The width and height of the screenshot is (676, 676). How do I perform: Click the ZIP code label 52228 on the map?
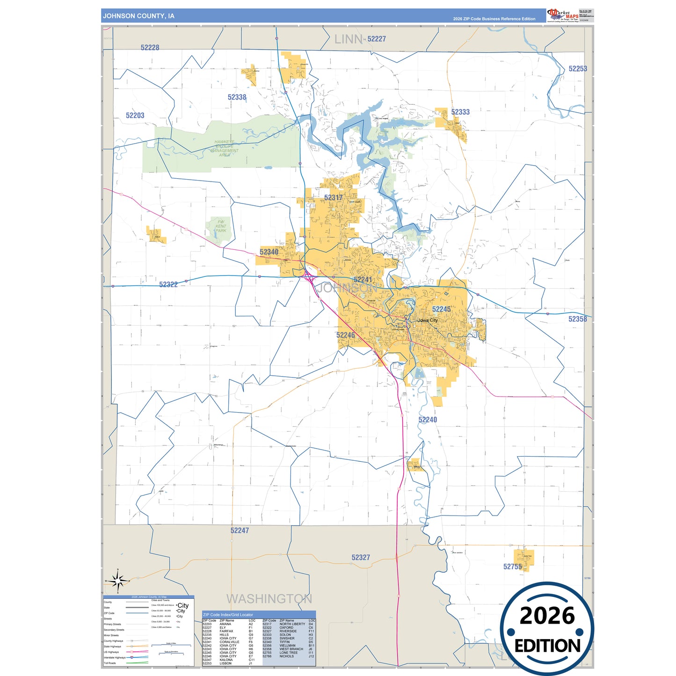tap(150, 48)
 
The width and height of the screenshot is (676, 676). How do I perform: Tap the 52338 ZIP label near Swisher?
tap(237, 97)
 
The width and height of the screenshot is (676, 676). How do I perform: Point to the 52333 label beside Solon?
tap(460, 112)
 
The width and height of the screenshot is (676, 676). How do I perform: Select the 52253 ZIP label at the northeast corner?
tap(578, 69)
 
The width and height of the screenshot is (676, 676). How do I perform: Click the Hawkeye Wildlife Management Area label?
tap(225, 148)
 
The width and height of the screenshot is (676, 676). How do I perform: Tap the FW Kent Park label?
tap(221, 226)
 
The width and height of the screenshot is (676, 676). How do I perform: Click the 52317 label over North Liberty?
tap(334, 198)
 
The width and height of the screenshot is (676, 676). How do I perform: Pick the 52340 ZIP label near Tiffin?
tap(269, 252)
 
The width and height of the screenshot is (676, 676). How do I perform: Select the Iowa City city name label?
tap(428, 320)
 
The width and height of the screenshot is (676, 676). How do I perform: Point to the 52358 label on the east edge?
tap(577, 319)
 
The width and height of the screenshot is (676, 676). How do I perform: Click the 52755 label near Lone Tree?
tap(512, 567)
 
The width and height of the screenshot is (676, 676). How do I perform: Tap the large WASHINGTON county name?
tap(269, 599)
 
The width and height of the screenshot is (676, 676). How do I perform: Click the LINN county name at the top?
tap(349, 40)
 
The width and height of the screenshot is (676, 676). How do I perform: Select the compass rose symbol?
tap(118, 582)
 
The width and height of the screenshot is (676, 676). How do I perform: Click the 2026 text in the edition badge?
tap(547, 616)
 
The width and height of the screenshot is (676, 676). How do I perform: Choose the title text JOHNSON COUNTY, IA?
tap(138, 16)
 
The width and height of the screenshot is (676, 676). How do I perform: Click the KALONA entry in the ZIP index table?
tap(226, 660)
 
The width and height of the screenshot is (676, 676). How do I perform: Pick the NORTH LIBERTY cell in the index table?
tap(292, 624)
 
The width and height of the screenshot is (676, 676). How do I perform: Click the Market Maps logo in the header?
tap(562, 15)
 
